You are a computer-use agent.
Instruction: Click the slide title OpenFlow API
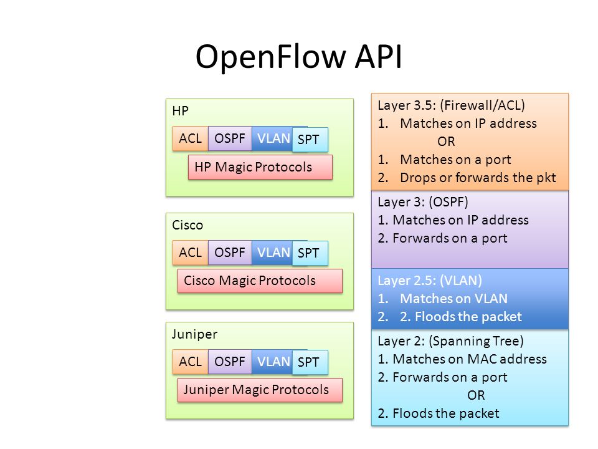click(298, 57)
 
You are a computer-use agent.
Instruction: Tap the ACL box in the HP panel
click(191, 138)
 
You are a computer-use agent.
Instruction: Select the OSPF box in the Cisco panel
click(230, 253)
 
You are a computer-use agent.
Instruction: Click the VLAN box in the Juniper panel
click(272, 362)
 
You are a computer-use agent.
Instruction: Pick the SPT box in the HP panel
click(310, 140)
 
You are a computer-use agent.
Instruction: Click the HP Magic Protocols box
click(260, 167)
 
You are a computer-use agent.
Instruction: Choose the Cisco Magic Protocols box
click(260, 281)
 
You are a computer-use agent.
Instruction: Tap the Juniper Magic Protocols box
click(260, 390)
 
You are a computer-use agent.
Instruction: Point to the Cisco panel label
click(187, 225)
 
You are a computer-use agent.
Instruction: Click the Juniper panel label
click(194, 334)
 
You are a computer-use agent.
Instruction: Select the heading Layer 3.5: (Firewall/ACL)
click(451, 105)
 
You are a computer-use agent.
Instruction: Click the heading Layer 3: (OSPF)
click(422, 202)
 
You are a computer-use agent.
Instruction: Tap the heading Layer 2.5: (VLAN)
click(430, 281)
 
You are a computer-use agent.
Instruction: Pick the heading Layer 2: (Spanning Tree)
click(450, 341)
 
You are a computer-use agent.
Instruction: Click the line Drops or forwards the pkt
click(478, 178)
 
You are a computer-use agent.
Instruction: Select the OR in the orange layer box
click(446, 142)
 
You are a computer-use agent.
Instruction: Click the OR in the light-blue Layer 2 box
click(477, 395)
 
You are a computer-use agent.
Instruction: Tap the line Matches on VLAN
click(454, 299)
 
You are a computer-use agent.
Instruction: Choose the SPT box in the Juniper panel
click(310, 362)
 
